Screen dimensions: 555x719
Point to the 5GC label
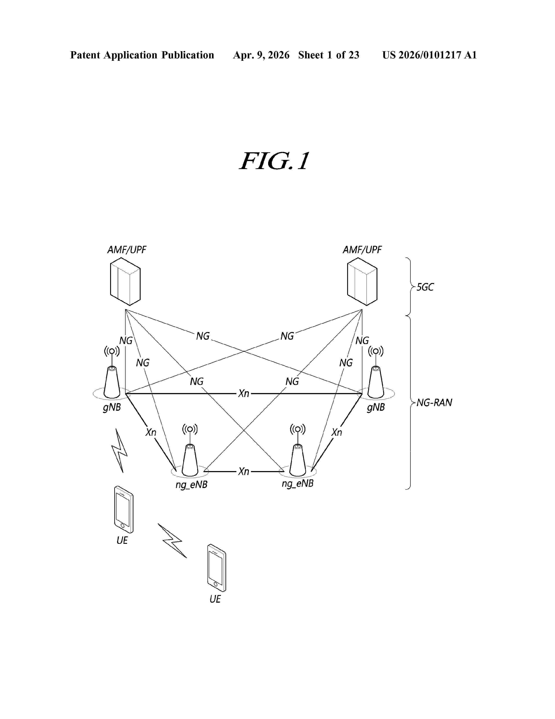pos(425,287)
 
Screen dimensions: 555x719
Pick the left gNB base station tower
pos(112,382)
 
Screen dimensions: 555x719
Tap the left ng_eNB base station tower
pos(190,460)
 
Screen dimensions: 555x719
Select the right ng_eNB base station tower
pos(298,460)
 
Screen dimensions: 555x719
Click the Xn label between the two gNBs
pos(244,393)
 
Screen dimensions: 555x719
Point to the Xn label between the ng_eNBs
pos(244,471)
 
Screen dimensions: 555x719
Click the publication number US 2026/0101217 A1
pos(429,55)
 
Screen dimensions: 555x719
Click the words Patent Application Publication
pos(142,55)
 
